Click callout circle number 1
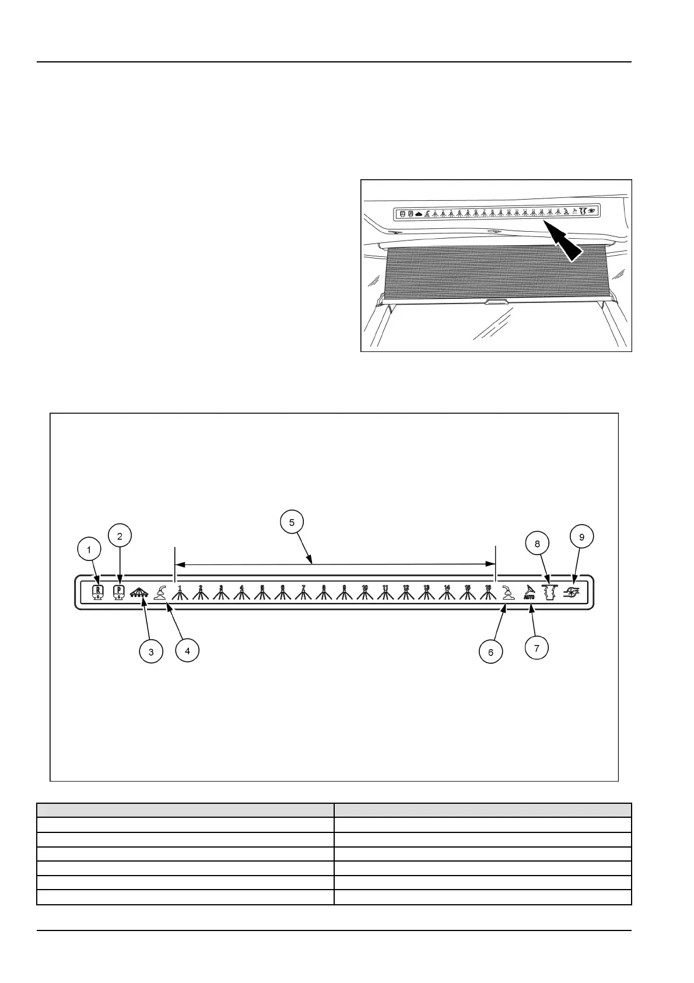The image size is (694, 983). click(x=89, y=549)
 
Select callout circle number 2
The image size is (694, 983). click(x=120, y=535)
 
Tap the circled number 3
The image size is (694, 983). click(x=151, y=651)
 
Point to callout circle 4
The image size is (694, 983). click(x=187, y=650)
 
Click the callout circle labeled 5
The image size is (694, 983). click(x=292, y=521)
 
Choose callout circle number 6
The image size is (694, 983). click(x=490, y=651)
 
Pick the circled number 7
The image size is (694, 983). click(x=537, y=647)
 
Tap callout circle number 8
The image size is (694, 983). click(x=537, y=543)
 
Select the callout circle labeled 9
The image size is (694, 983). click(x=581, y=536)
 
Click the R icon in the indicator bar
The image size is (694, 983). click(x=98, y=592)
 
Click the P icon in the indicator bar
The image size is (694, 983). click(x=119, y=592)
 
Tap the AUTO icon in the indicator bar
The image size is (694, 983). click(x=529, y=592)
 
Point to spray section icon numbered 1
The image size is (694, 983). click(x=180, y=592)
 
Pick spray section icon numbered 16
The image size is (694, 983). click(x=488, y=592)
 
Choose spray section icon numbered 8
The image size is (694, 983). click(x=324, y=592)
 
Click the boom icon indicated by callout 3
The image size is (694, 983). click(x=139, y=592)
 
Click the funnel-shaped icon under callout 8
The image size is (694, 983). click(x=547, y=592)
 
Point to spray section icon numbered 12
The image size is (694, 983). click(x=406, y=592)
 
